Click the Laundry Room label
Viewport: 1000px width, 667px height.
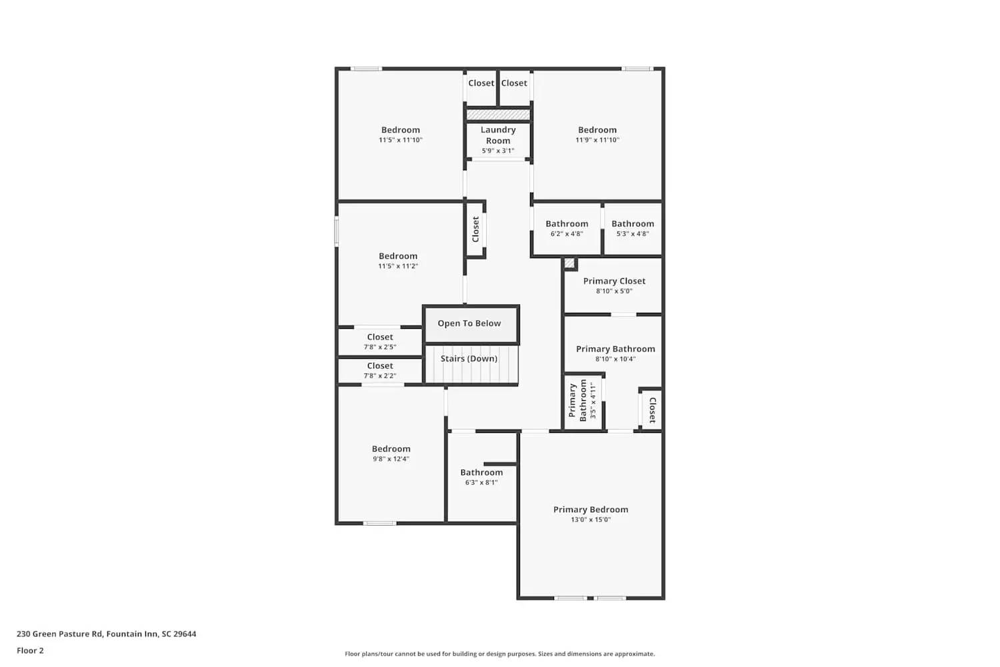(x=498, y=135)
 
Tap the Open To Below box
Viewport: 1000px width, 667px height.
(x=469, y=323)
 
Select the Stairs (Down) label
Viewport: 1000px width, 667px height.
(x=469, y=359)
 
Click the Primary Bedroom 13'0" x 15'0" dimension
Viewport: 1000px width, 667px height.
(x=590, y=520)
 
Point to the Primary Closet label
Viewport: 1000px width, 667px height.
(x=614, y=281)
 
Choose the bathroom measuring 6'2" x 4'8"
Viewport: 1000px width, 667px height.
(x=567, y=229)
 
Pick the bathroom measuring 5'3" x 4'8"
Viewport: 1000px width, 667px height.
(x=633, y=229)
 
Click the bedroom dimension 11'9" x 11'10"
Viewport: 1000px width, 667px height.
(x=597, y=140)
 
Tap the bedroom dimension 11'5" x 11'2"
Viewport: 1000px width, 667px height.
(x=398, y=266)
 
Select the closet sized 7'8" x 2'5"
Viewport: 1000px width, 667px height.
(x=380, y=342)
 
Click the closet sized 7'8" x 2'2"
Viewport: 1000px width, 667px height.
(x=380, y=370)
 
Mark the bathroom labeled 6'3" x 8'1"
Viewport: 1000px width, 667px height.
(x=481, y=477)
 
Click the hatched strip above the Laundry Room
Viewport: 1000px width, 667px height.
(x=498, y=115)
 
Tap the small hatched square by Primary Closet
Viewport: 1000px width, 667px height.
(x=569, y=263)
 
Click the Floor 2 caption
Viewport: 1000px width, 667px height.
(x=30, y=650)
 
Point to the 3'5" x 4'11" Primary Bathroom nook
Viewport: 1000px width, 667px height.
(x=583, y=400)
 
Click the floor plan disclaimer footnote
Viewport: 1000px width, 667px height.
(x=499, y=654)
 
